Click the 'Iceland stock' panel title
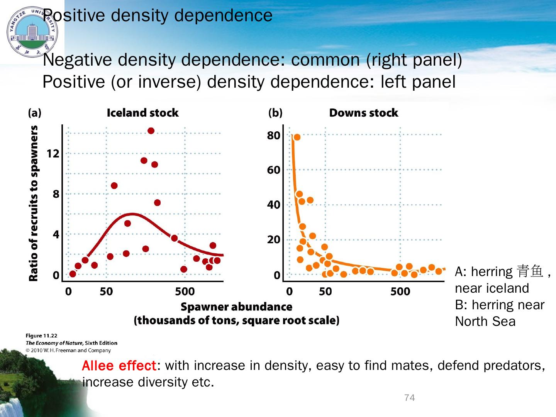click(x=142, y=113)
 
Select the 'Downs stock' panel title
click(x=363, y=113)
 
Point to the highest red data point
click(x=151, y=131)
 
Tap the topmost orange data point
click(x=297, y=137)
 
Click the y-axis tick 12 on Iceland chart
click(x=53, y=154)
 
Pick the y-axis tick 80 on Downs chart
click(x=274, y=136)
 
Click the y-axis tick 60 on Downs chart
click(x=274, y=170)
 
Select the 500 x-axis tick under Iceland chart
click(x=185, y=291)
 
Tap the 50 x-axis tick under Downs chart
click(x=325, y=291)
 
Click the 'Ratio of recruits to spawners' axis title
click(x=34, y=203)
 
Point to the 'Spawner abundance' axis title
click(x=236, y=307)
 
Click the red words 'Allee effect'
click(x=119, y=365)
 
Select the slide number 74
click(x=409, y=398)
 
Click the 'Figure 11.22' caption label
click(x=41, y=336)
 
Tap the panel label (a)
click(x=35, y=113)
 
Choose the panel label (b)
click(x=275, y=113)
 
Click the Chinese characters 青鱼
click(x=530, y=271)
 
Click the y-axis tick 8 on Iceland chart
click(x=56, y=194)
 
